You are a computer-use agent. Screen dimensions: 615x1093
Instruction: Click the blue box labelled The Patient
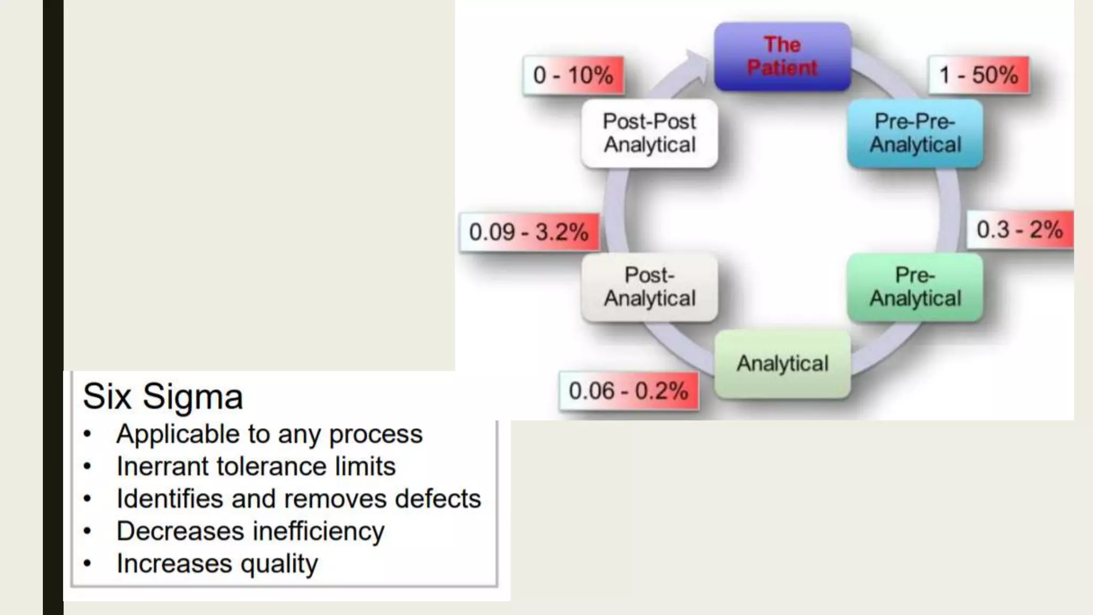[782, 56]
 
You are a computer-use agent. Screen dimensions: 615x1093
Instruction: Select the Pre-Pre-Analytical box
[915, 133]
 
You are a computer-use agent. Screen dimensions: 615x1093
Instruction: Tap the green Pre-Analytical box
[915, 287]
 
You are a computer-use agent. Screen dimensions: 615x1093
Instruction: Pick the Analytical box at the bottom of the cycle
[782, 364]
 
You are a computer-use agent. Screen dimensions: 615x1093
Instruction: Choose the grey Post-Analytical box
[650, 287]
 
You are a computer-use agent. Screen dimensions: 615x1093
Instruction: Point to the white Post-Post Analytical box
[650, 133]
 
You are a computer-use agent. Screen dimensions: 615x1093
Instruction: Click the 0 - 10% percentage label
[573, 75]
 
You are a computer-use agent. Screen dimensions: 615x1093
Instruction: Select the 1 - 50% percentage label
[979, 75]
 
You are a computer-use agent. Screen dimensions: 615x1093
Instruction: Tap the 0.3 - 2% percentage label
[1019, 230]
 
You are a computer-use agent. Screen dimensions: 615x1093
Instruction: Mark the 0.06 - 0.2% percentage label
[628, 391]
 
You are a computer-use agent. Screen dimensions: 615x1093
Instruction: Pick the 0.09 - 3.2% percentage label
[529, 232]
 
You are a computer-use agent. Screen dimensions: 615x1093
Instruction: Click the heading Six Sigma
[163, 397]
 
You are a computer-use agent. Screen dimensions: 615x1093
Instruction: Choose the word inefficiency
[318, 531]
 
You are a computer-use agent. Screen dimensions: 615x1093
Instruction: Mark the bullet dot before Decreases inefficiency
[88, 531]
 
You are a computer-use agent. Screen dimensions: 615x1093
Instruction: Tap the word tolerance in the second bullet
[271, 466]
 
